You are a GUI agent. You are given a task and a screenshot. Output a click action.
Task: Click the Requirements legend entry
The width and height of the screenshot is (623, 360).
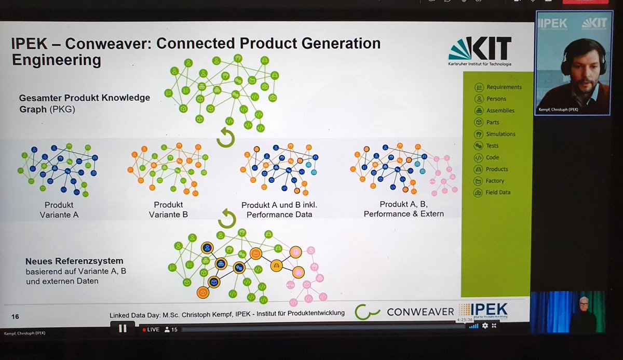(498, 87)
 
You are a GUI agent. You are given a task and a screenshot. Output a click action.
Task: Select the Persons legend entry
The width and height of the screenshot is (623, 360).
(496, 99)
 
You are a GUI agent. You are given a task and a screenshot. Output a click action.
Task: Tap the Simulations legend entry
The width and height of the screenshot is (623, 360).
(500, 134)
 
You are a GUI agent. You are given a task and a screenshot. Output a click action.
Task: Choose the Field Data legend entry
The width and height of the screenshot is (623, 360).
(497, 193)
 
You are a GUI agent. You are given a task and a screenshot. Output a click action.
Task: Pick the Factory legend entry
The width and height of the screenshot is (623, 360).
(494, 181)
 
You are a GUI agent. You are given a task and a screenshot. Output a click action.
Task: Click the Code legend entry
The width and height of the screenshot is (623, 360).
(492, 157)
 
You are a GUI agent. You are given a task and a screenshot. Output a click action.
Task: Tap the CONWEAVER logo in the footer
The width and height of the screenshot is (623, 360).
(405, 312)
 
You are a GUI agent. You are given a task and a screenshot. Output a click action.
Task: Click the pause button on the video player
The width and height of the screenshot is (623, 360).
(123, 328)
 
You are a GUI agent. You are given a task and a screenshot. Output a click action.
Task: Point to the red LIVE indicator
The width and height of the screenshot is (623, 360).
(151, 329)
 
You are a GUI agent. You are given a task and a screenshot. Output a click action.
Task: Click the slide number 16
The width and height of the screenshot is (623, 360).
(15, 316)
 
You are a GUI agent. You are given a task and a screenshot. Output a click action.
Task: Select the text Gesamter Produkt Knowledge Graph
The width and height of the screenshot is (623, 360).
(84, 102)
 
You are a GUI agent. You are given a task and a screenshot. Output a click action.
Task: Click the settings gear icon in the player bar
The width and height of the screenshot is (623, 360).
(485, 326)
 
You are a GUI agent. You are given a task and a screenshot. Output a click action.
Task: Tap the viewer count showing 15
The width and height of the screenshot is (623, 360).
(171, 329)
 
